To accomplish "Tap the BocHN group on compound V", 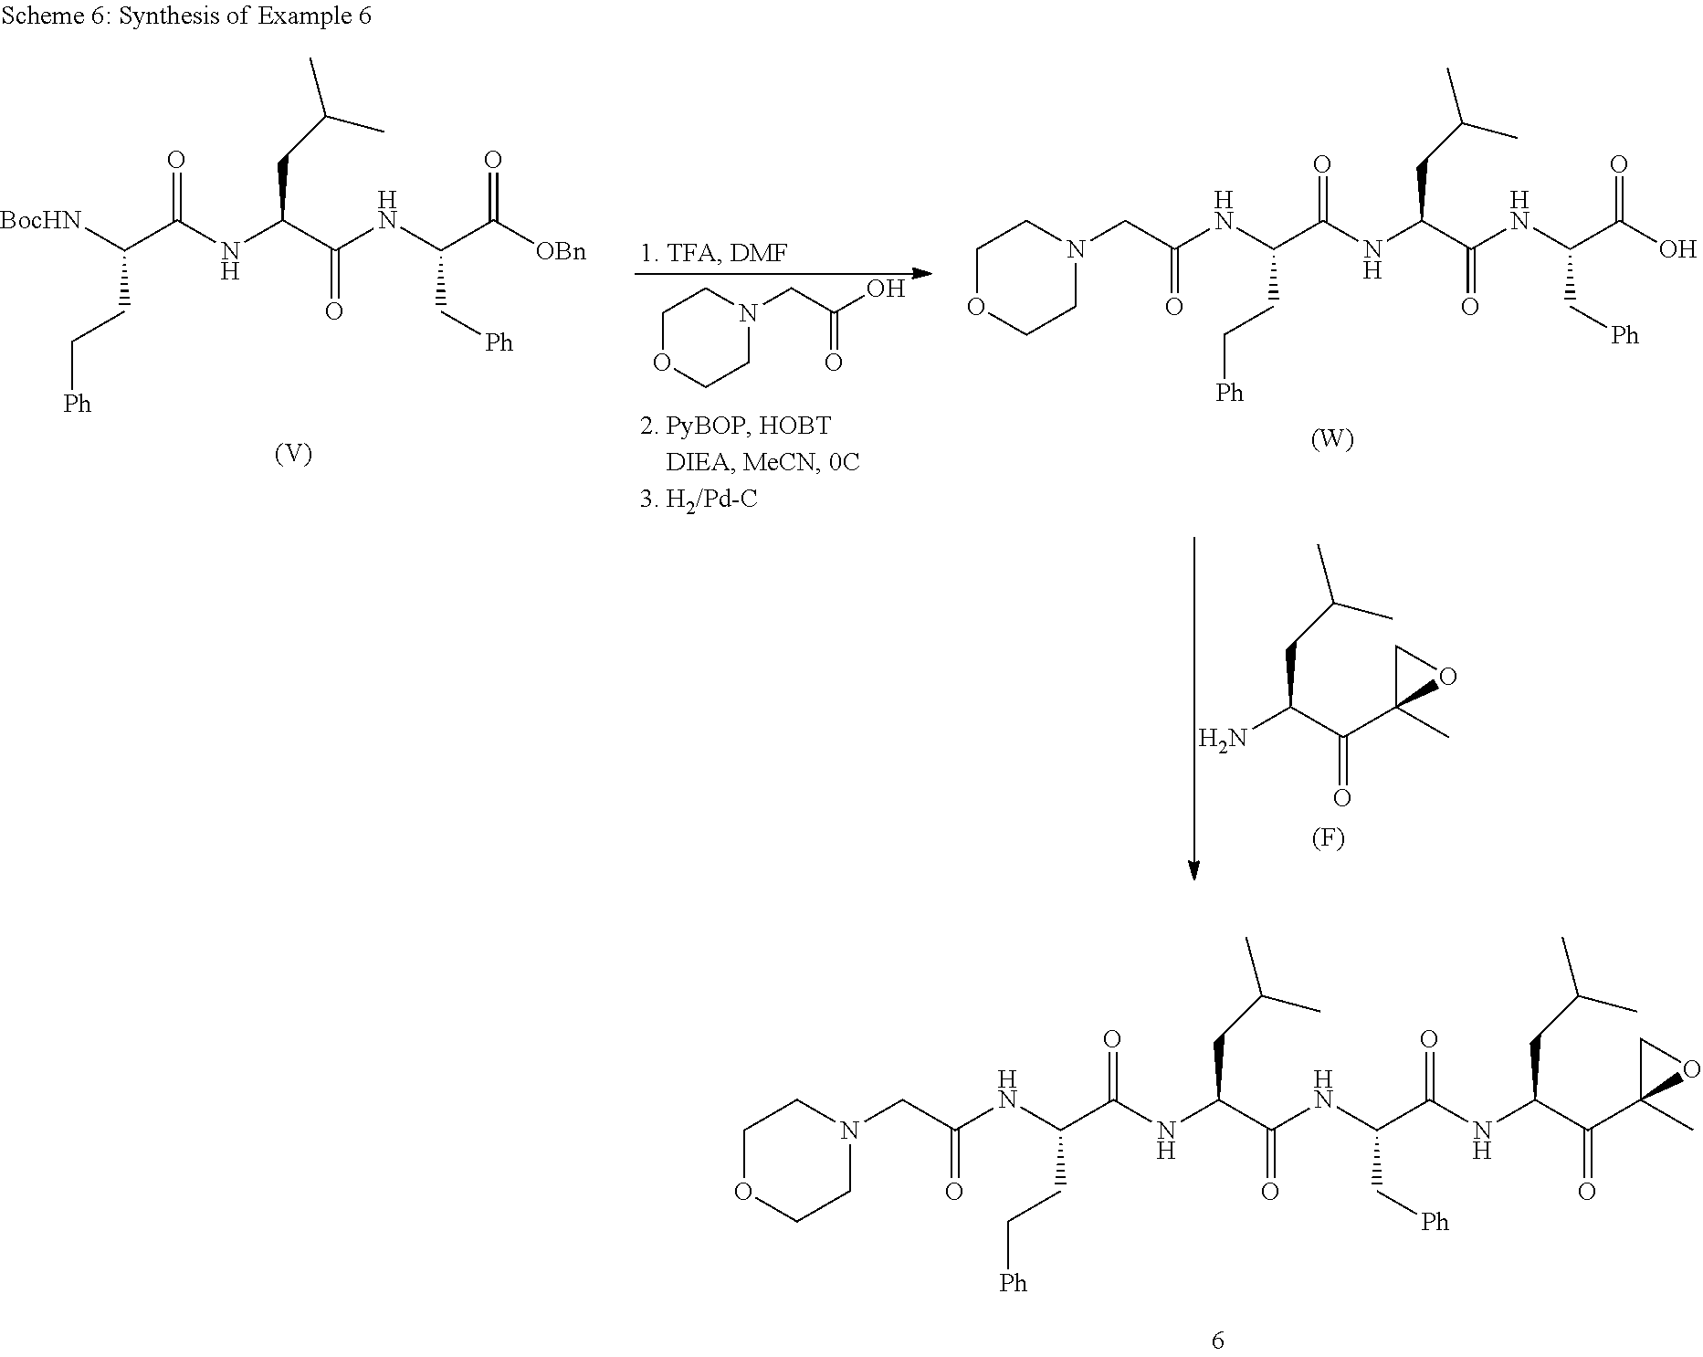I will tap(41, 221).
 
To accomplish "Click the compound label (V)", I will tap(294, 454).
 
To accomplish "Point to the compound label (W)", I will tap(1332, 439).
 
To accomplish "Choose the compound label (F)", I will tap(1328, 837).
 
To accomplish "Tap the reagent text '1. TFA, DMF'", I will tap(713, 253).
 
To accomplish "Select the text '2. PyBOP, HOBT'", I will tap(736, 426).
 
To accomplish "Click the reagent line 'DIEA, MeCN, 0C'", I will tap(762, 462).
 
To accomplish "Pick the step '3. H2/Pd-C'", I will tap(699, 500).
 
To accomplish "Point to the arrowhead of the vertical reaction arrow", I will tap(1193, 871).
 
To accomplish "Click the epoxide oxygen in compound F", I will tap(1447, 677).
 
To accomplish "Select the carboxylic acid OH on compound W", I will tap(1677, 248).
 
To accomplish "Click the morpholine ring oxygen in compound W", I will tap(977, 306).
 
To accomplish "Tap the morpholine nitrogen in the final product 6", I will tap(850, 1131).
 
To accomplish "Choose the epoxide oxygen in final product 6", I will tap(1691, 1069).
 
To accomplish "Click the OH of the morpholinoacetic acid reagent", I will tap(885, 289).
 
